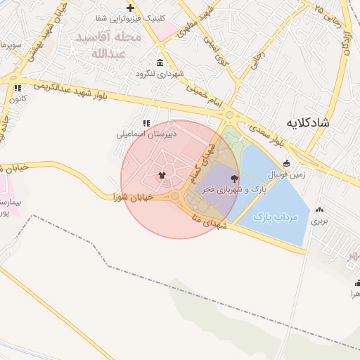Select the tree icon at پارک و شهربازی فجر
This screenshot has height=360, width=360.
tap(234, 179)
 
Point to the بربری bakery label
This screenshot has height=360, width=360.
tap(321, 221)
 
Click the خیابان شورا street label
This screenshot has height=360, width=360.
tap(134, 198)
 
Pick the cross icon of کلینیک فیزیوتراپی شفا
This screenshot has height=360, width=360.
tap(129, 8)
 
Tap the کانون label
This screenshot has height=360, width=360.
tap(18, 99)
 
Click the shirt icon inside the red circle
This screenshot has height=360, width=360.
tap(162, 176)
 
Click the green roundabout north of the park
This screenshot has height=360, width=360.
tap(229, 115)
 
